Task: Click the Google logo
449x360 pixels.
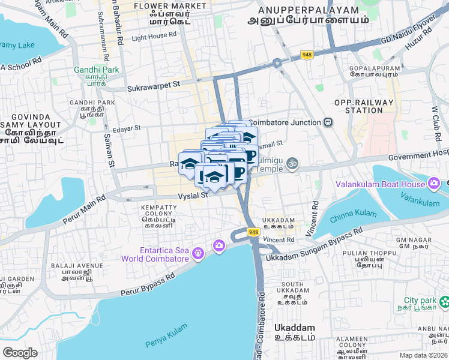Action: click(x=20, y=352)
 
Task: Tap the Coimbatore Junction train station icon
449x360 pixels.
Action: click(x=328, y=122)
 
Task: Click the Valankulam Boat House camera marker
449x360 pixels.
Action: click(x=433, y=183)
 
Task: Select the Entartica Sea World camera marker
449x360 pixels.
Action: click(x=218, y=245)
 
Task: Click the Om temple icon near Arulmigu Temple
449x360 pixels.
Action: click(x=292, y=163)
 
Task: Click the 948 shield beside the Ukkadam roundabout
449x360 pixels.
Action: click(x=253, y=232)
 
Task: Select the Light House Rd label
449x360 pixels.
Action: click(x=155, y=37)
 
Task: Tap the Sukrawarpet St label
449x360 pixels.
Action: click(x=153, y=87)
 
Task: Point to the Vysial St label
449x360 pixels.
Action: click(x=192, y=195)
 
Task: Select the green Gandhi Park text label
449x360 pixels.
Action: click(x=96, y=70)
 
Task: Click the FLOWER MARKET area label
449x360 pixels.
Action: click(x=162, y=6)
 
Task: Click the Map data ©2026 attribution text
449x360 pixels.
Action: click(x=423, y=355)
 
